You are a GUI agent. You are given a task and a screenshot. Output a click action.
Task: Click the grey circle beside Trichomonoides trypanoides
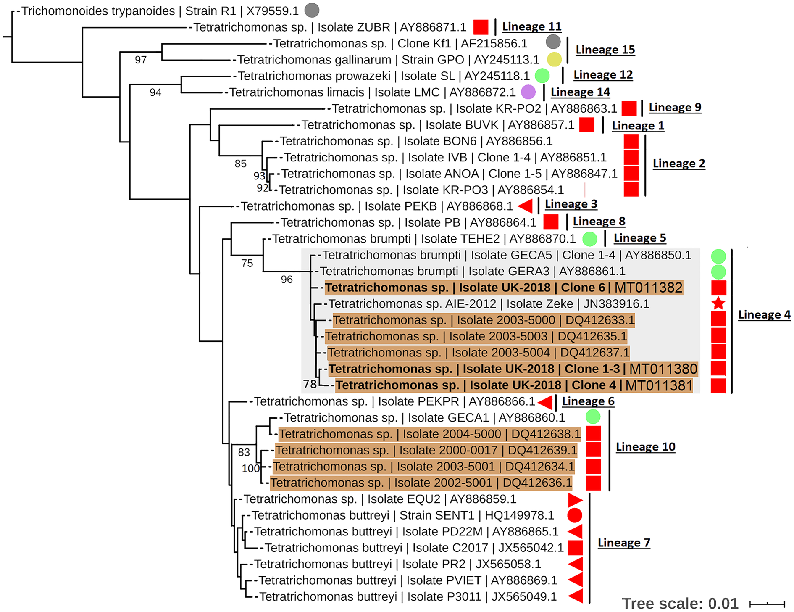point(311,10)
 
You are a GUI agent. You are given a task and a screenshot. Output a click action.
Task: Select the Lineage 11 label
point(532,26)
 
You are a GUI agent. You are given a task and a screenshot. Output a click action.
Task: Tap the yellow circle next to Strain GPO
point(554,59)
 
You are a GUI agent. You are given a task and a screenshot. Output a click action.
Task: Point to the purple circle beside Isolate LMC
point(528,92)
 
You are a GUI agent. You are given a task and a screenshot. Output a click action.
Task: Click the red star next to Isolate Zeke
point(718,303)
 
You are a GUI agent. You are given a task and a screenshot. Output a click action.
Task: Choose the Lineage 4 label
point(764,314)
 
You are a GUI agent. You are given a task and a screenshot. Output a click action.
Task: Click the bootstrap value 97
point(141,60)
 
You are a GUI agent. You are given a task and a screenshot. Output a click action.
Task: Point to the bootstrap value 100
point(251,468)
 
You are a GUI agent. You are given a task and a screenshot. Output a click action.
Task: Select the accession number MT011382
point(648,288)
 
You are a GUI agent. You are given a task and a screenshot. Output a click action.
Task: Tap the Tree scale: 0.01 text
point(680,604)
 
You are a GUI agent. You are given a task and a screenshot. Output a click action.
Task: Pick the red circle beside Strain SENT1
point(575,515)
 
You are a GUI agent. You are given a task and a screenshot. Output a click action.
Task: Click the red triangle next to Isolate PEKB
point(526,206)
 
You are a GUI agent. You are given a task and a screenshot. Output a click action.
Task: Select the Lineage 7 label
point(624,543)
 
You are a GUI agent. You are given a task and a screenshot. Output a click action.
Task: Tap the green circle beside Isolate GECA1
point(593,417)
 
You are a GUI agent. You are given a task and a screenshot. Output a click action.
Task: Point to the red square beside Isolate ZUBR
point(481,27)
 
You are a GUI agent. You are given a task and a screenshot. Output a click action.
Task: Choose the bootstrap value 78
point(310,384)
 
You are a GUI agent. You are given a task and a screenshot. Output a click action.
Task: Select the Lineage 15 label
point(605,50)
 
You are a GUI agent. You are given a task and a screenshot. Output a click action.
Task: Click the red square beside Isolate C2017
point(575,548)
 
